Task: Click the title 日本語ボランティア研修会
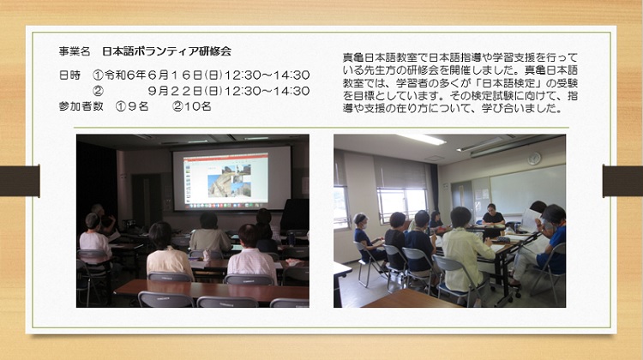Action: [x=167, y=51]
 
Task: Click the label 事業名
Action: [x=75, y=51]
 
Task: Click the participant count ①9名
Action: [x=132, y=106]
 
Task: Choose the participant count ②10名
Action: [x=191, y=106]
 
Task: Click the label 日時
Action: [x=69, y=75]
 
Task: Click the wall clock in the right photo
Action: [x=534, y=159]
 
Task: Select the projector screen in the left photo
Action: [x=231, y=179]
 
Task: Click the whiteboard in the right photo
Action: [x=527, y=189]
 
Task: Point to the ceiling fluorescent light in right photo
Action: [x=421, y=139]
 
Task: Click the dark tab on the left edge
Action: [x=20, y=181]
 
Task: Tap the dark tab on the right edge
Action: [x=623, y=180]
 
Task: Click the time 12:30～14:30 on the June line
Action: [x=267, y=75]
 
